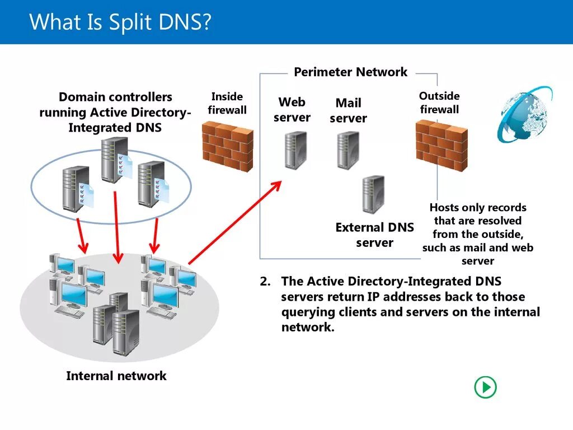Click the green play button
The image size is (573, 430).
(x=485, y=387)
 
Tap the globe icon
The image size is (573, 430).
(x=525, y=114)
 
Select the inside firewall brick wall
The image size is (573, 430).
(x=228, y=146)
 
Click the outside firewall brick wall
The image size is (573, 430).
(x=442, y=146)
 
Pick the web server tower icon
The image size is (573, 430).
(x=295, y=150)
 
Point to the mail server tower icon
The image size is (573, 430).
(x=348, y=150)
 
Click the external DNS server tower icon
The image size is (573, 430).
(x=373, y=194)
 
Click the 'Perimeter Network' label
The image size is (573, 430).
(x=350, y=72)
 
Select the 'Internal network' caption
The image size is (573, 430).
(x=116, y=376)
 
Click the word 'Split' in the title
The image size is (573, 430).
(x=130, y=22)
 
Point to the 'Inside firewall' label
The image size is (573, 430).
(x=227, y=103)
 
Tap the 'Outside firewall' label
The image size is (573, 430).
(x=439, y=102)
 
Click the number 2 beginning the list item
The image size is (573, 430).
(x=265, y=281)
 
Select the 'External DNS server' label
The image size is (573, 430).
(x=374, y=235)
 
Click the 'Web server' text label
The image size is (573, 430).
(x=292, y=109)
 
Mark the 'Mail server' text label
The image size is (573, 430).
(x=348, y=110)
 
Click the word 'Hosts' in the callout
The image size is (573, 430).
(x=444, y=207)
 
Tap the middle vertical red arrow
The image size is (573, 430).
(x=116, y=227)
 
